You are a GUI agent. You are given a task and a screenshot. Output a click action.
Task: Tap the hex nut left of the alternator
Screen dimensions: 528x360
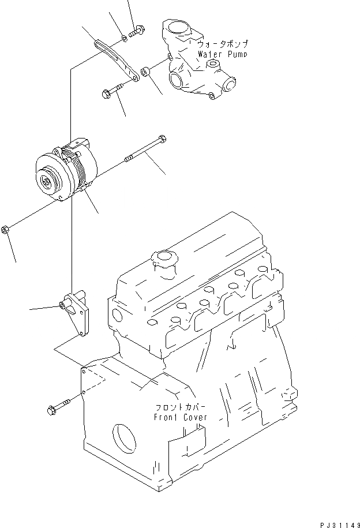point(5,230)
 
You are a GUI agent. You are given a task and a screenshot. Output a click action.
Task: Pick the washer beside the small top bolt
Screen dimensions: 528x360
point(125,40)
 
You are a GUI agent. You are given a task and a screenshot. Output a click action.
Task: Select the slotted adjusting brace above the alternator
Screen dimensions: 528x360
point(115,59)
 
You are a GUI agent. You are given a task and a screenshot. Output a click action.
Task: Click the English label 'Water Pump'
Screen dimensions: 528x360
point(222,55)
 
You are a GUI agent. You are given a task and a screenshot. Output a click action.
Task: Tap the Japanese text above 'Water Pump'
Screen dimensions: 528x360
point(222,44)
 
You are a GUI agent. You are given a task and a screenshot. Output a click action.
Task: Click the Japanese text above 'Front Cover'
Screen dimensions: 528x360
point(179,406)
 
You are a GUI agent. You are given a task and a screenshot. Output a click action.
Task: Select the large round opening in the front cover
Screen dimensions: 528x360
point(126,439)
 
